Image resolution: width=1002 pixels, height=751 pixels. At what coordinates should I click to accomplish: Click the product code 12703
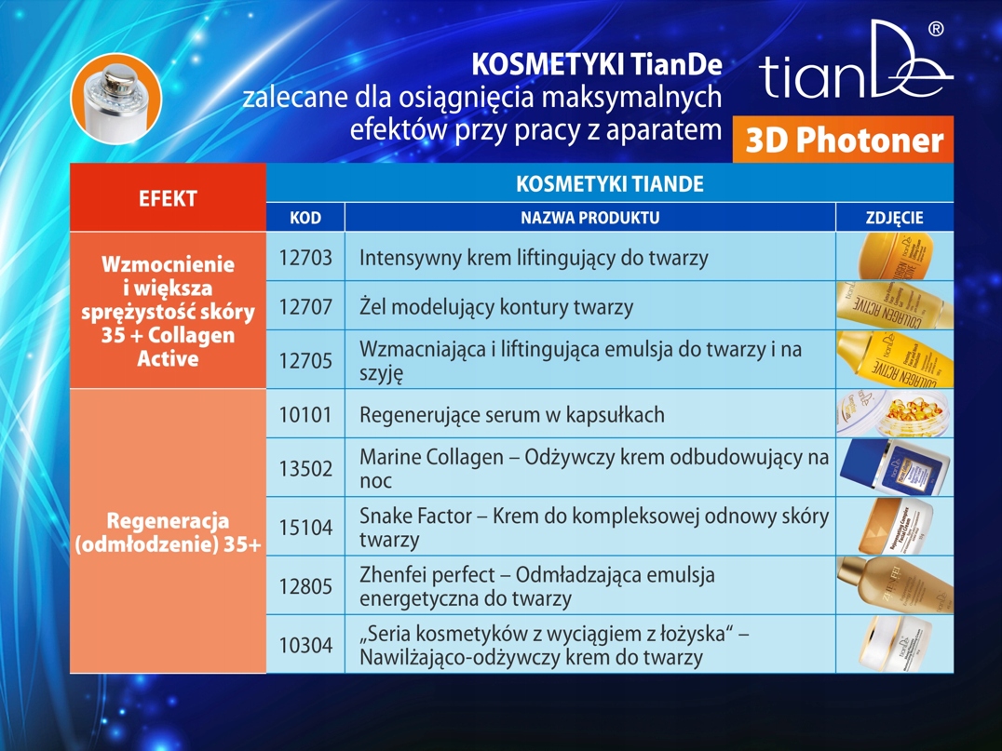coord(305,258)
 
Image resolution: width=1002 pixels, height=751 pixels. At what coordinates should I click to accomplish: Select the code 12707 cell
coord(305,306)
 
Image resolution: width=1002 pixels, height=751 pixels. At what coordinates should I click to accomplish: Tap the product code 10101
coord(305,415)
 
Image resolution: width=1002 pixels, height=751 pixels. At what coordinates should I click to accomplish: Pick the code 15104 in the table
coord(305,528)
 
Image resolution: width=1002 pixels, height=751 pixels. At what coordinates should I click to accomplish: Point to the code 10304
coord(305,645)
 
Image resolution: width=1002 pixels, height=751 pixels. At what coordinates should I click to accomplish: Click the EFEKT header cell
coord(168,198)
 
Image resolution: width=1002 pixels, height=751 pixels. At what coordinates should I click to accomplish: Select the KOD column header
coord(305,218)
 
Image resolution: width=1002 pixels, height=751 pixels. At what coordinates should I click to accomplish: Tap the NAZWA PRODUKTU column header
coord(589,218)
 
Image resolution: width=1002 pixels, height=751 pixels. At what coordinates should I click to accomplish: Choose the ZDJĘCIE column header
coord(895,218)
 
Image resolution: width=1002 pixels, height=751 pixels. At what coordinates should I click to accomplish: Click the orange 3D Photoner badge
coord(843,140)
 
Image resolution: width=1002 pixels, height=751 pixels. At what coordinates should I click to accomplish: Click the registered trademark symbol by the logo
coord(935,29)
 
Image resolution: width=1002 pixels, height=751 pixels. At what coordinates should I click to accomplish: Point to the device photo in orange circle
coord(116,99)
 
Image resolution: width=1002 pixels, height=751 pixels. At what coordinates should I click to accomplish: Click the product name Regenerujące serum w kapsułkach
coord(512,415)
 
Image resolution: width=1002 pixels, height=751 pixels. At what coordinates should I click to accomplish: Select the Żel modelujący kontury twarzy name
coord(496,307)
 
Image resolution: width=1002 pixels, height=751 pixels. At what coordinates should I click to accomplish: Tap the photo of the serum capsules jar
coord(895,414)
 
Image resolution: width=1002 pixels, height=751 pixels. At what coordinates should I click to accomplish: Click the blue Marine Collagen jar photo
coord(895,467)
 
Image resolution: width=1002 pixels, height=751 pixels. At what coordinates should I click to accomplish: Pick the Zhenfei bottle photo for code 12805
coord(895,585)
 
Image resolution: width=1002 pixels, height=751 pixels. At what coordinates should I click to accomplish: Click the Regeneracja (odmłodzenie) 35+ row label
coord(168,532)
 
